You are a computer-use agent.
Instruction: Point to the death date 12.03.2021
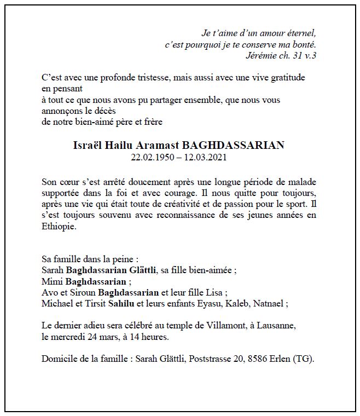[205, 157]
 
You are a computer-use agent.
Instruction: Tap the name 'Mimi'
[53, 282]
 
